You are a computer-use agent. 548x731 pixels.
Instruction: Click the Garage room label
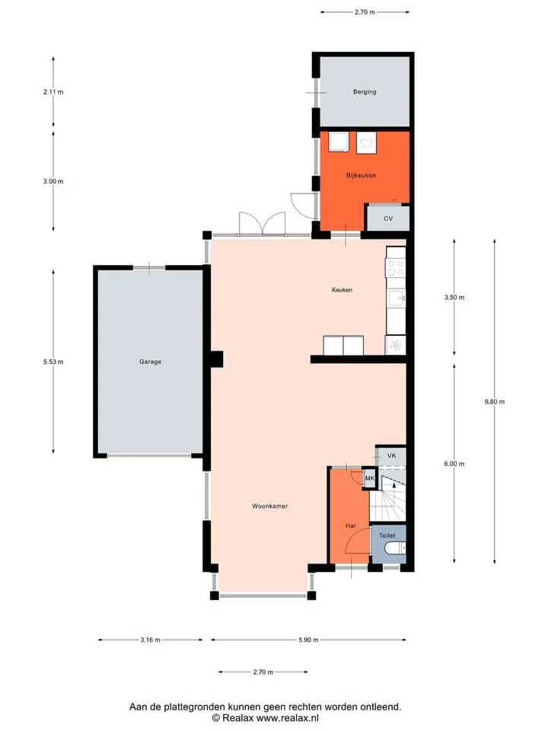(150, 362)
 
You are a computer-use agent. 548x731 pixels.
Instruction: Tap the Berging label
(365, 92)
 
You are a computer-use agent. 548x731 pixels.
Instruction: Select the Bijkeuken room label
(361, 175)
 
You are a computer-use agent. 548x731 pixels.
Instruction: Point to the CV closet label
(388, 219)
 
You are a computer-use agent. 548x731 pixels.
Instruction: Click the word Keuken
(342, 290)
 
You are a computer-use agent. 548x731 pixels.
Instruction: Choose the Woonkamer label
(269, 506)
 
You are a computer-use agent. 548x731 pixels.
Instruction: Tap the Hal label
(350, 525)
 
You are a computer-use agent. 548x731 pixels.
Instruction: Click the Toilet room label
(387, 535)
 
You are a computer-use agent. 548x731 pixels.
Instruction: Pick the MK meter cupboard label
(370, 478)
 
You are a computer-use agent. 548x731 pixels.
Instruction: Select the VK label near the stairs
(391, 455)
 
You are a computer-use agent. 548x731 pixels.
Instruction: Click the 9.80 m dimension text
(495, 402)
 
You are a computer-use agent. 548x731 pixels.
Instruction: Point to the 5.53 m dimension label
(53, 362)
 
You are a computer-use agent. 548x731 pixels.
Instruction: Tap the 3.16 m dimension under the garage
(150, 640)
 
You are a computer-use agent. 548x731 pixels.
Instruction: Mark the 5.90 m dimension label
(308, 640)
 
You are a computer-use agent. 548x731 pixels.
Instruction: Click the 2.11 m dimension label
(53, 92)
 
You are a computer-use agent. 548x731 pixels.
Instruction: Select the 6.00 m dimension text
(454, 464)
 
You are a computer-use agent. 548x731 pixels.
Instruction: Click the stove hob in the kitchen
(396, 268)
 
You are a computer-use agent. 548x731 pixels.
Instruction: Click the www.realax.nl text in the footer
(288, 718)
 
